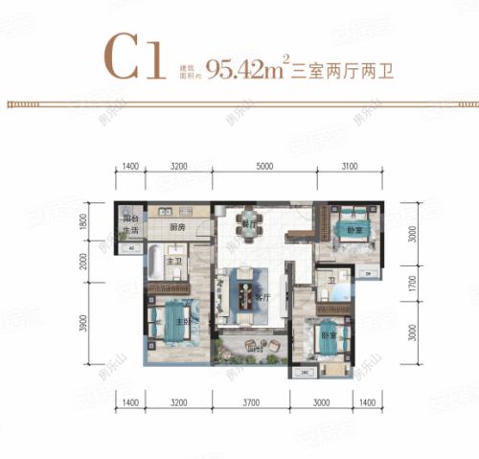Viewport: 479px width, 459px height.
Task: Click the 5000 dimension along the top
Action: click(264, 168)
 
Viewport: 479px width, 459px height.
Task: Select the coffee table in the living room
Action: click(247, 287)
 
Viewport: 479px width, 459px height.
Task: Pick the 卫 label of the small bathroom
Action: click(331, 280)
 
